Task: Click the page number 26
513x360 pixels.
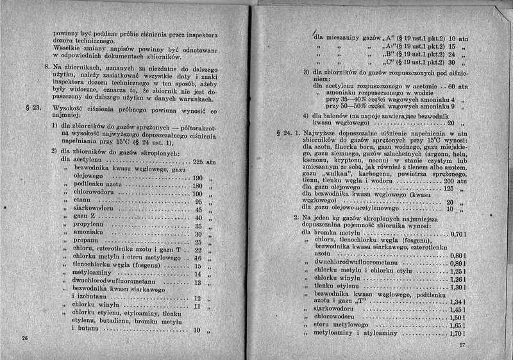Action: pos(24,338)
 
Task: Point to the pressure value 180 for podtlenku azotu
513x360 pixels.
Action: pos(197,185)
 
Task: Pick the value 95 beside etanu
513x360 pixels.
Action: pos(198,201)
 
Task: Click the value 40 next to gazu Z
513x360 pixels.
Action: pos(198,218)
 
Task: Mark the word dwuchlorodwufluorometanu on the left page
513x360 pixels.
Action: pos(114,282)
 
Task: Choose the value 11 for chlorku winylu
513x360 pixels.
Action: pos(198,307)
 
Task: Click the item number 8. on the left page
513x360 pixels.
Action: pos(46,67)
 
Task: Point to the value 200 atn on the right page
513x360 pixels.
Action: pos(453,181)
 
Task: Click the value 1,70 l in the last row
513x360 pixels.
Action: pos(457,334)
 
